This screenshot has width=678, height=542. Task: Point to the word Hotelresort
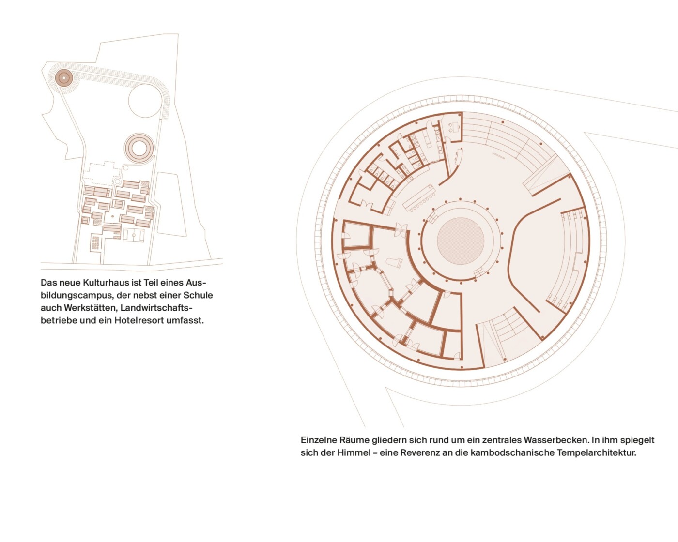point(139,320)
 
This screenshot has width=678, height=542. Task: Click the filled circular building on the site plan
point(64,77)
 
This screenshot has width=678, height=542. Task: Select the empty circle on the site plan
point(145,101)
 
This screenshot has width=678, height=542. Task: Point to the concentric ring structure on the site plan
point(139,148)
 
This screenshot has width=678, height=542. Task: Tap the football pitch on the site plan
point(134,235)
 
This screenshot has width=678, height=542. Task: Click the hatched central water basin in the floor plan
point(461,241)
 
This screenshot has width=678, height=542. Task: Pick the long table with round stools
point(419,198)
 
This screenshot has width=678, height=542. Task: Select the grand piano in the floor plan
point(394,262)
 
